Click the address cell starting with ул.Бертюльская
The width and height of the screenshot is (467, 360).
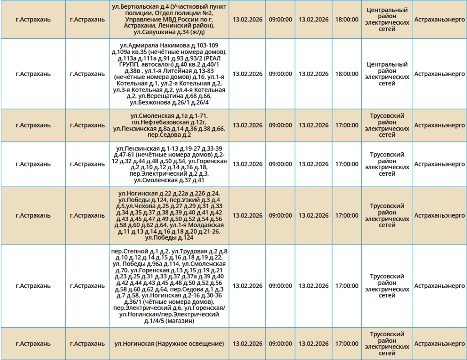tap(170, 20)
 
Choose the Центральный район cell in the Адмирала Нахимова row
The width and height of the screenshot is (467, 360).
tap(387, 74)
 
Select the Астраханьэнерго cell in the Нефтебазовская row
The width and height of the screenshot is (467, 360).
tap(440, 125)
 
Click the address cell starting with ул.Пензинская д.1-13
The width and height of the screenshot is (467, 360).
tap(170, 164)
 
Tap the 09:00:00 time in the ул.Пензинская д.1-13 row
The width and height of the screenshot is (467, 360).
tap(280, 164)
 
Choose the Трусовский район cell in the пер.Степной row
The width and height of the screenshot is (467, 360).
tap(387, 286)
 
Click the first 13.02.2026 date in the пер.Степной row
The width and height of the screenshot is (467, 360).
tap(248, 286)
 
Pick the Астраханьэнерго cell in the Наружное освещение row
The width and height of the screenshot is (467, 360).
tap(440, 344)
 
